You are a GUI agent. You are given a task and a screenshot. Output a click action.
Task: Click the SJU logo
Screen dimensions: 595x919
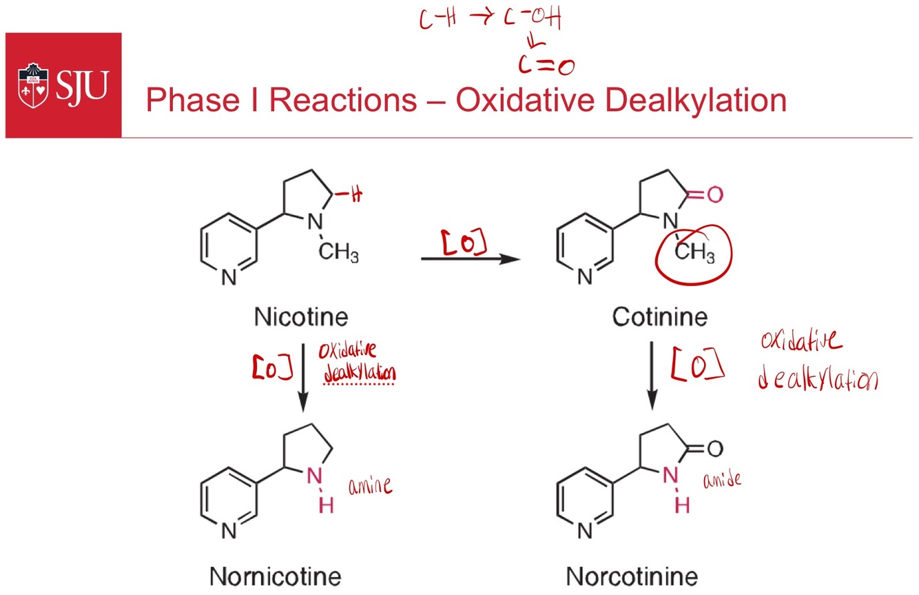[x=63, y=85]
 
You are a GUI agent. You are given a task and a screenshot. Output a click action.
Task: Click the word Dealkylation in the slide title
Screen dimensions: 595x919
[x=690, y=101]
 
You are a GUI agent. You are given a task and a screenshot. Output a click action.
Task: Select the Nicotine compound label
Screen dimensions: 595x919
[x=301, y=317]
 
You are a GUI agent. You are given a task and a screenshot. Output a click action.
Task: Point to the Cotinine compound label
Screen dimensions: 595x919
[x=659, y=317]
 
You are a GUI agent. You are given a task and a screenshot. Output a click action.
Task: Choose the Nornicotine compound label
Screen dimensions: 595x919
[x=276, y=576]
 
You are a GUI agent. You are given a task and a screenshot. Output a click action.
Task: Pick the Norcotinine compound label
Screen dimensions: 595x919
[x=632, y=576]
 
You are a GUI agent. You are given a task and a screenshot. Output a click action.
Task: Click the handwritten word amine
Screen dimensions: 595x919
[x=370, y=485]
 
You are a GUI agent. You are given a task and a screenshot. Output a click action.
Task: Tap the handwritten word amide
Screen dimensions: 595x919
[x=721, y=478]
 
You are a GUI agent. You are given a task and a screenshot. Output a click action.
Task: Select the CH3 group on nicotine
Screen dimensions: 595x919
[x=338, y=254]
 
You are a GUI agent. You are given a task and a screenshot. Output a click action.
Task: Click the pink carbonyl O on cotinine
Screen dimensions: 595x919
[x=715, y=195]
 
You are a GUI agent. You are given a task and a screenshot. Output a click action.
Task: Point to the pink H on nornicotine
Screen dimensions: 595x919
[x=327, y=505]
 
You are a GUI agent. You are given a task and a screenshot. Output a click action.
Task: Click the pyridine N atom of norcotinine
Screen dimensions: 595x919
[x=585, y=532]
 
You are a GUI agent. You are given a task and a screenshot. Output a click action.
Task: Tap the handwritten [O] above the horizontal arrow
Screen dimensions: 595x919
[x=464, y=242]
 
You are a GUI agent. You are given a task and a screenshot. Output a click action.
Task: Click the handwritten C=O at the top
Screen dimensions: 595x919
[x=546, y=65]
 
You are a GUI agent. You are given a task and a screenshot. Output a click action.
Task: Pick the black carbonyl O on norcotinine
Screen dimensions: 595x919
[x=714, y=449]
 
